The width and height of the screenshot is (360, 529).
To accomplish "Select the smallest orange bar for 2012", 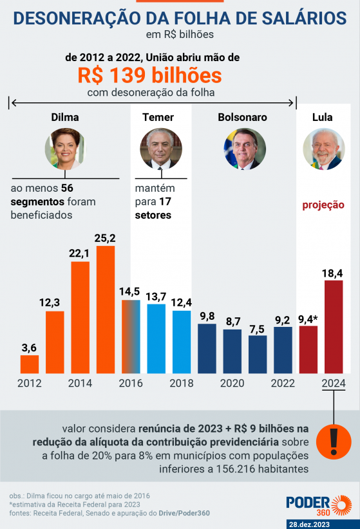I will coord(30,364).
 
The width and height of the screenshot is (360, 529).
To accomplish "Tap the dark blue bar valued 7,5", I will coord(258,354).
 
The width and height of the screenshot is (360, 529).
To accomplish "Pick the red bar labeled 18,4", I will coord(334,326).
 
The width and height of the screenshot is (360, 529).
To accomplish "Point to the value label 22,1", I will coord(80,253).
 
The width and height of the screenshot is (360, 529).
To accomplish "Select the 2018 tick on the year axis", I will coord(182,383).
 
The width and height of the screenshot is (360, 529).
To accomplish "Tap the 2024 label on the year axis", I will coord(334,383).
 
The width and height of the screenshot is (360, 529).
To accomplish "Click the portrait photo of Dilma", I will coord(64,149).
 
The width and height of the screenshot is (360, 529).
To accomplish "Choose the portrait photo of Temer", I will coord(160,149).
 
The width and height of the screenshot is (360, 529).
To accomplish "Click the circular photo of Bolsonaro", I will coord(244,149).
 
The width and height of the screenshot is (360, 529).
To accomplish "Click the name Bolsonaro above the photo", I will coord(242,118).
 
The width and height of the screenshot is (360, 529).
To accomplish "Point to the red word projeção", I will coord(323,205).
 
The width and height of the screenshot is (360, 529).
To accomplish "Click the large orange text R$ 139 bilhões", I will coord(150,76).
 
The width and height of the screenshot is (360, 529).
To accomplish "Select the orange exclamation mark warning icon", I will coord(334,441).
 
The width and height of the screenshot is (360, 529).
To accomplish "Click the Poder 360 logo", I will coord(318,503).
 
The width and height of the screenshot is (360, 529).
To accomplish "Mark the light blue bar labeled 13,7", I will coord(156,339).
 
